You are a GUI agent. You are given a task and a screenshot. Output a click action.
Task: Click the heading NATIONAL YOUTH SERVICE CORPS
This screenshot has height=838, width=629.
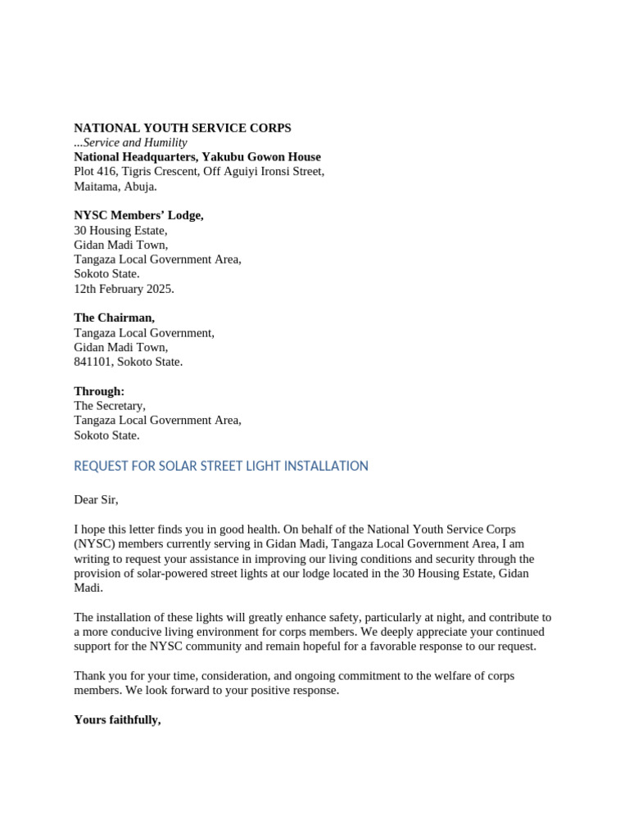182,128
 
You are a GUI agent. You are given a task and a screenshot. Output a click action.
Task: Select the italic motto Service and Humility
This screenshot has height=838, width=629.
133,142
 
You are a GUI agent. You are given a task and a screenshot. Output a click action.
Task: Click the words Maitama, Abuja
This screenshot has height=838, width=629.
115,186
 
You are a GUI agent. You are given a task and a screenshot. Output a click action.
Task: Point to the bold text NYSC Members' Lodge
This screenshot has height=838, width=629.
138,215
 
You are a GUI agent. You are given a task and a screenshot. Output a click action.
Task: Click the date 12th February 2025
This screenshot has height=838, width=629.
124,288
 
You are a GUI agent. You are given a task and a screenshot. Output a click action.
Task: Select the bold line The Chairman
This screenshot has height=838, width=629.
114,318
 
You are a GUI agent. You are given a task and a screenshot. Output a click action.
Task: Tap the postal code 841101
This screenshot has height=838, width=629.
92,361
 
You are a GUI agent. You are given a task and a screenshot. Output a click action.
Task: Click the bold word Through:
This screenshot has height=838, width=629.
99,391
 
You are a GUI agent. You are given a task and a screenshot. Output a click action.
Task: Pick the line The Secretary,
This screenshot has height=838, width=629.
110,405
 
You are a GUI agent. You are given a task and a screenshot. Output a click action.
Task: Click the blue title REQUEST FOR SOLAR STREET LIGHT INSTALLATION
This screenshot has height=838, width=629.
221,466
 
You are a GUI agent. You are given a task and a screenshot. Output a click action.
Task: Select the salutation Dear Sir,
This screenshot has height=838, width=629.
96,499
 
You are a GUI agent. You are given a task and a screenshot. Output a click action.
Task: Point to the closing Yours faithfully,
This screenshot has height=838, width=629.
117,719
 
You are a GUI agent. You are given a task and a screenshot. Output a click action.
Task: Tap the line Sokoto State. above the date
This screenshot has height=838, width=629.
106,273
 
